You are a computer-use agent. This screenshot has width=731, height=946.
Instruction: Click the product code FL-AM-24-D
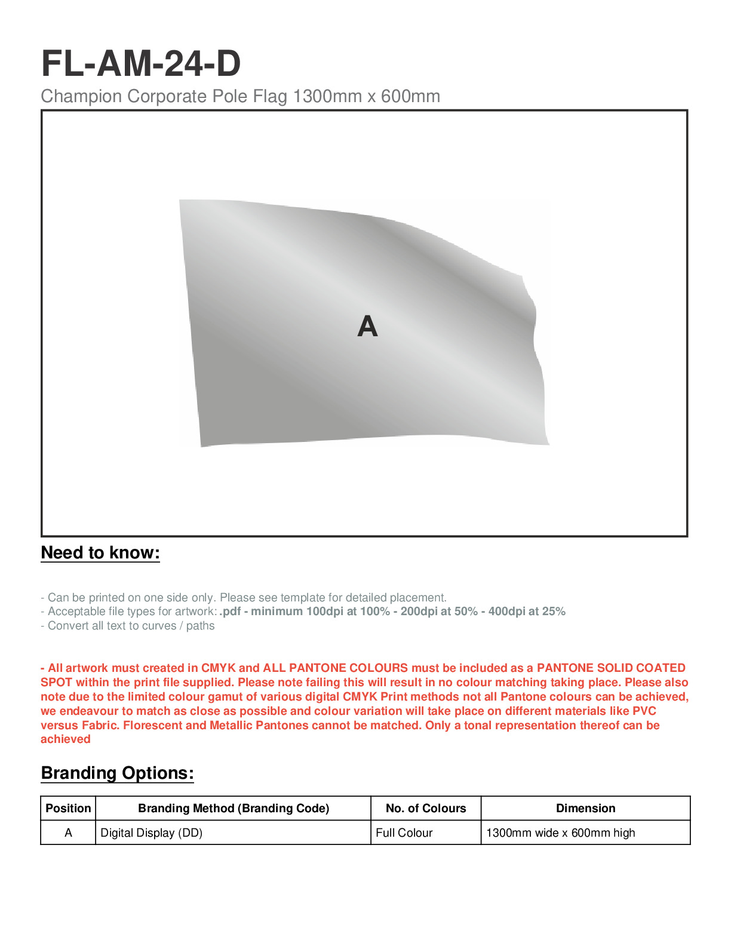(x=141, y=63)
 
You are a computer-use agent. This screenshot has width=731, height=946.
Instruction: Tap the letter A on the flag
(x=367, y=327)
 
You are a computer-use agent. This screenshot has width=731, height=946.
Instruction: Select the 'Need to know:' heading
(x=100, y=553)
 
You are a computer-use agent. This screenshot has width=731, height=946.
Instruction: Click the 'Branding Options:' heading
(x=117, y=773)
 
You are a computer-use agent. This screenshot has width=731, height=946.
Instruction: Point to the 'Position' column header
(x=68, y=809)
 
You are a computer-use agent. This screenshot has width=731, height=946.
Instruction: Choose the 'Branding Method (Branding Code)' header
(x=234, y=809)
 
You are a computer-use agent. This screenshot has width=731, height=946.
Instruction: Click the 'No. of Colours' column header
(x=426, y=809)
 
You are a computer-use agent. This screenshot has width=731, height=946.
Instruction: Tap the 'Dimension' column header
(x=585, y=809)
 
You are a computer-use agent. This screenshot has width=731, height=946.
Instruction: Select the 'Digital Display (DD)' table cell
(x=152, y=833)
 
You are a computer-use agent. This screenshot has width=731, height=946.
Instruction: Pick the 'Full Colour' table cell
(x=404, y=833)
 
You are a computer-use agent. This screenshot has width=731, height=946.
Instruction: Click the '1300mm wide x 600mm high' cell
(x=560, y=833)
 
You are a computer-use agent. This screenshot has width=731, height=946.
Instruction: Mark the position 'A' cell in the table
(x=68, y=833)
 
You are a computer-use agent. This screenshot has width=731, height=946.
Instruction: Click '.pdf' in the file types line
(x=230, y=612)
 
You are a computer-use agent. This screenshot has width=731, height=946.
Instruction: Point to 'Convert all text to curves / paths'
(x=128, y=626)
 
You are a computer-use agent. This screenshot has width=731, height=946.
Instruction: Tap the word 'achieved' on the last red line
(x=66, y=739)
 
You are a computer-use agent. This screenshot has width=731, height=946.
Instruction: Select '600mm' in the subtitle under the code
(x=410, y=96)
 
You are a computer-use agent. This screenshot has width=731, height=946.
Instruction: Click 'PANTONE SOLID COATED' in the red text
(x=611, y=668)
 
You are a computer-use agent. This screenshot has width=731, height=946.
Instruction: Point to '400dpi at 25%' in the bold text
(x=527, y=612)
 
